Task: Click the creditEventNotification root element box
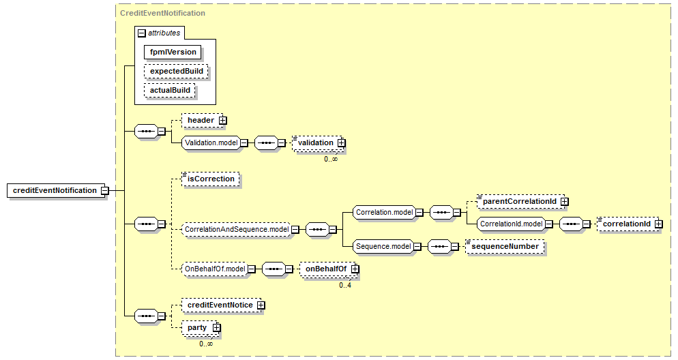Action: click(x=55, y=190)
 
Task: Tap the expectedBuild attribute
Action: click(x=175, y=71)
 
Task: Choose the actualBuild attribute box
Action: click(x=170, y=90)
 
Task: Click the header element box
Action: click(x=201, y=120)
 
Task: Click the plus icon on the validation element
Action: click(x=342, y=142)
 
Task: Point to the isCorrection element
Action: click(x=211, y=179)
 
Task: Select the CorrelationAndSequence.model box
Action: click(x=236, y=229)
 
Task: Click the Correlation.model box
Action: click(x=385, y=212)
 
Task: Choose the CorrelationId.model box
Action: click(x=510, y=224)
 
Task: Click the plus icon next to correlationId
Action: click(x=658, y=224)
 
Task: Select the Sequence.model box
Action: click(x=383, y=246)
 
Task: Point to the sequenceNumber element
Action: click(x=505, y=246)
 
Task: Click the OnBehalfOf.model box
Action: click(x=215, y=269)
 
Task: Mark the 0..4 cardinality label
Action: click(x=345, y=285)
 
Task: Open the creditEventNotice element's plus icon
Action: click(x=261, y=305)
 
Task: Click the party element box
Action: click(x=197, y=328)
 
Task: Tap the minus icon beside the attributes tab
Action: click(x=141, y=32)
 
